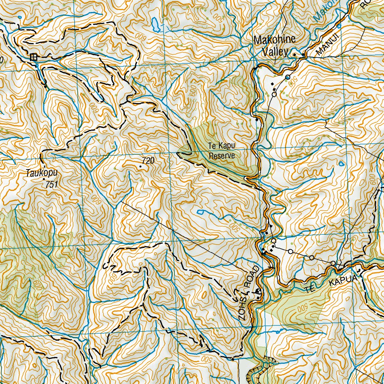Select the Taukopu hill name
coord(38,173)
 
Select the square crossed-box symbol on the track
coord(34,57)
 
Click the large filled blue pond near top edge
coord(156,25)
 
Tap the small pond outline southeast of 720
coord(200,212)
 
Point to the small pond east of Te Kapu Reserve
coord(342,164)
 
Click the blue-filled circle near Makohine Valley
coord(288,77)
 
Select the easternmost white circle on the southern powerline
coord(333,263)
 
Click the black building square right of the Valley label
coord(295,55)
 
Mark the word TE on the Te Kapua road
coord(309,289)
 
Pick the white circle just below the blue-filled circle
coord(274,94)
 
